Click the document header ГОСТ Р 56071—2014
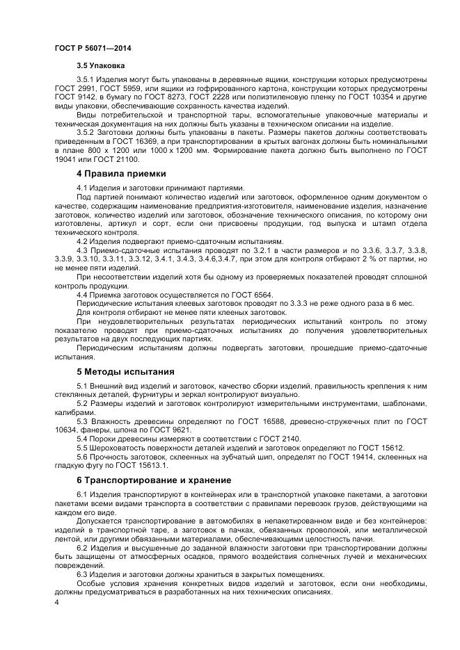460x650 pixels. click(93, 49)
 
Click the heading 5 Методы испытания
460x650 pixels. click(125, 371)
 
